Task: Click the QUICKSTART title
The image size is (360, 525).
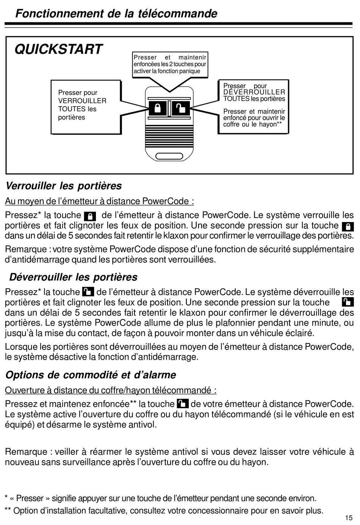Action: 59,49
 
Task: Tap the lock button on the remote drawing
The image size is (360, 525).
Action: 158,108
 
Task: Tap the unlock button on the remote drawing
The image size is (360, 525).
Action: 181,108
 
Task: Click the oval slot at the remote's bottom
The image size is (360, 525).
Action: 169,155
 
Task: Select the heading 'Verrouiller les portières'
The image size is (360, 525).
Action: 63,186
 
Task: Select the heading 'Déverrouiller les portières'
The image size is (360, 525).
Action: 73,277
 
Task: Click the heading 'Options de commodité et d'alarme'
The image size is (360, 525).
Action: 91,375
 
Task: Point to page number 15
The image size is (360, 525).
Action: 349,518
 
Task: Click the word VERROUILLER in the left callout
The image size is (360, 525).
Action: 82,101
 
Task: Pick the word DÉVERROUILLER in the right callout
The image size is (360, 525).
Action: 254,92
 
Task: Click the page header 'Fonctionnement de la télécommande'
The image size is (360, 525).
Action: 116,14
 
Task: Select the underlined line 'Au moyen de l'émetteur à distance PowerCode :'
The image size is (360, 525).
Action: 99,201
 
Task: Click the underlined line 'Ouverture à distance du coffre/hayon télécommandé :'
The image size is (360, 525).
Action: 111,390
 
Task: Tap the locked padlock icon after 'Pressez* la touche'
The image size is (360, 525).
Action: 90,216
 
